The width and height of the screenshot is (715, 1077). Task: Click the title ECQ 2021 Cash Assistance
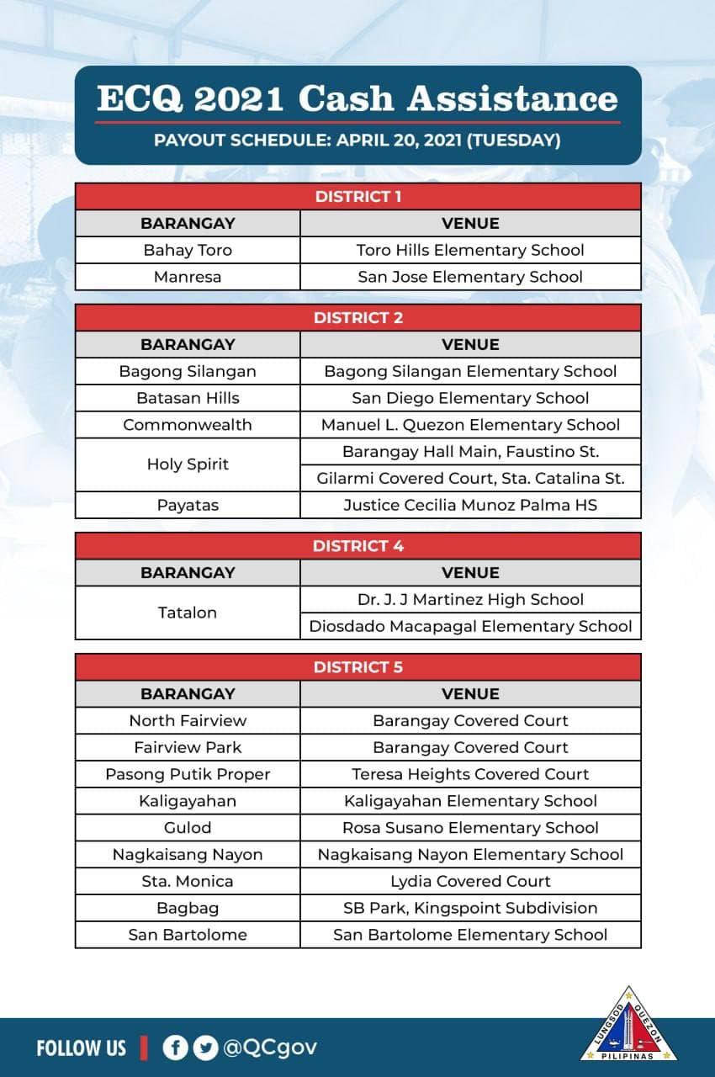pyautogui.click(x=357, y=98)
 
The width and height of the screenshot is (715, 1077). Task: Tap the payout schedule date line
pyautogui.click(x=357, y=140)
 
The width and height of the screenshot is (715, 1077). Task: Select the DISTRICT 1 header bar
pyautogui.click(x=357, y=197)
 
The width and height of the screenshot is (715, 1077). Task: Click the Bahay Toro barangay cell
pyautogui.click(x=188, y=251)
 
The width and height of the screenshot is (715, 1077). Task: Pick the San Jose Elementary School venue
pyautogui.click(x=470, y=277)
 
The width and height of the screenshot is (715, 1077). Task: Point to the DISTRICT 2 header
pyautogui.click(x=357, y=318)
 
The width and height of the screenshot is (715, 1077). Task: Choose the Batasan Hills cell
pyautogui.click(x=188, y=398)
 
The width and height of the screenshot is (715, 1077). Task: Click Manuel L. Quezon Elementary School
pyautogui.click(x=470, y=425)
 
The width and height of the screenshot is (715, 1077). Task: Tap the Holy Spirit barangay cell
pyautogui.click(x=188, y=464)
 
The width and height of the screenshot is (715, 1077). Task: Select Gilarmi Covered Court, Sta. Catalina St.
pyautogui.click(x=470, y=479)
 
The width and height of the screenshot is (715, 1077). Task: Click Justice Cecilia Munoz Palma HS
pyautogui.click(x=470, y=506)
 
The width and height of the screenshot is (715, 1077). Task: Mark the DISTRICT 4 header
pyautogui.click(x=357, y=546)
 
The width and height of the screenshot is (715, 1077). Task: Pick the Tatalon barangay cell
pyautogui.click(x=188, y=613)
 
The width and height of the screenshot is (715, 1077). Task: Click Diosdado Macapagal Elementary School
pyautogui.click(x=470, y=626)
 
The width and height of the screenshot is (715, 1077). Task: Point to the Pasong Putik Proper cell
pyautogui.click(x=188, y=774)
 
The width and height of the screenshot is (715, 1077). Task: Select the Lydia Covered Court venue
pyautogui.click(x=470, y=881)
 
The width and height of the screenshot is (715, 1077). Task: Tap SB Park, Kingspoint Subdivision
pyautogui.click(x=470, y=908)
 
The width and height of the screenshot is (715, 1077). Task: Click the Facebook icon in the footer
pyautogui.click(x=175, y=1048)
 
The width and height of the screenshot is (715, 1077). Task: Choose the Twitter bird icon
pyautogui.click(x=204, y=1048)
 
